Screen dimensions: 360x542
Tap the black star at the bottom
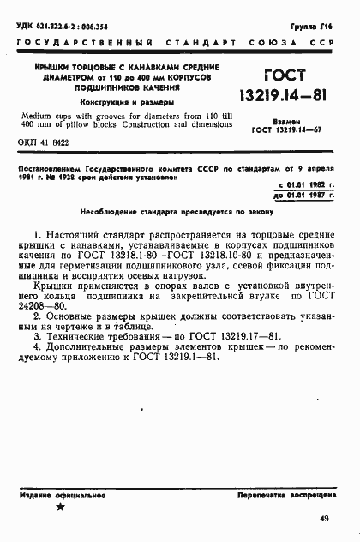tap(60, 508)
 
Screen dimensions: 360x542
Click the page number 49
tap(323, 518)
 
